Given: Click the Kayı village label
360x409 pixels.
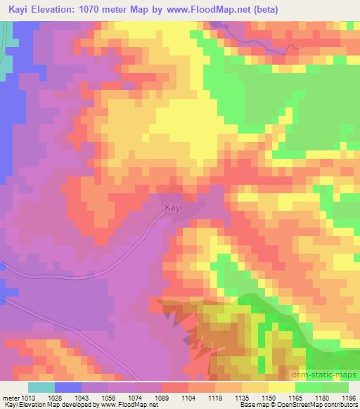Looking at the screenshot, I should click(x=174, y=208).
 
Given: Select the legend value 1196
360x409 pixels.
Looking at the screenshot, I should click(x=349, y=398).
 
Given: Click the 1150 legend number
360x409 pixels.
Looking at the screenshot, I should click(x=269, y=398).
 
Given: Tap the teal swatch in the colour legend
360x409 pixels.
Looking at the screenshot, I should click(x=41, y=387).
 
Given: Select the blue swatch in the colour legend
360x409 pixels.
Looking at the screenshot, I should click(x=68, y=387).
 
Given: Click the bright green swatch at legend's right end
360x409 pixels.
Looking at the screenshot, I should click(x=335, y=387).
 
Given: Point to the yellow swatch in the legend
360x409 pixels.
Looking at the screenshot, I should click(x=282, y=387).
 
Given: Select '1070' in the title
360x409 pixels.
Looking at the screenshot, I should click(x=101, y=11).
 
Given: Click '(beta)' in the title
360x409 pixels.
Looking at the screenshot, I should click(x=277, y=11).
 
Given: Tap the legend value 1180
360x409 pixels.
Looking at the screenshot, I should click(x=322, y=398).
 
